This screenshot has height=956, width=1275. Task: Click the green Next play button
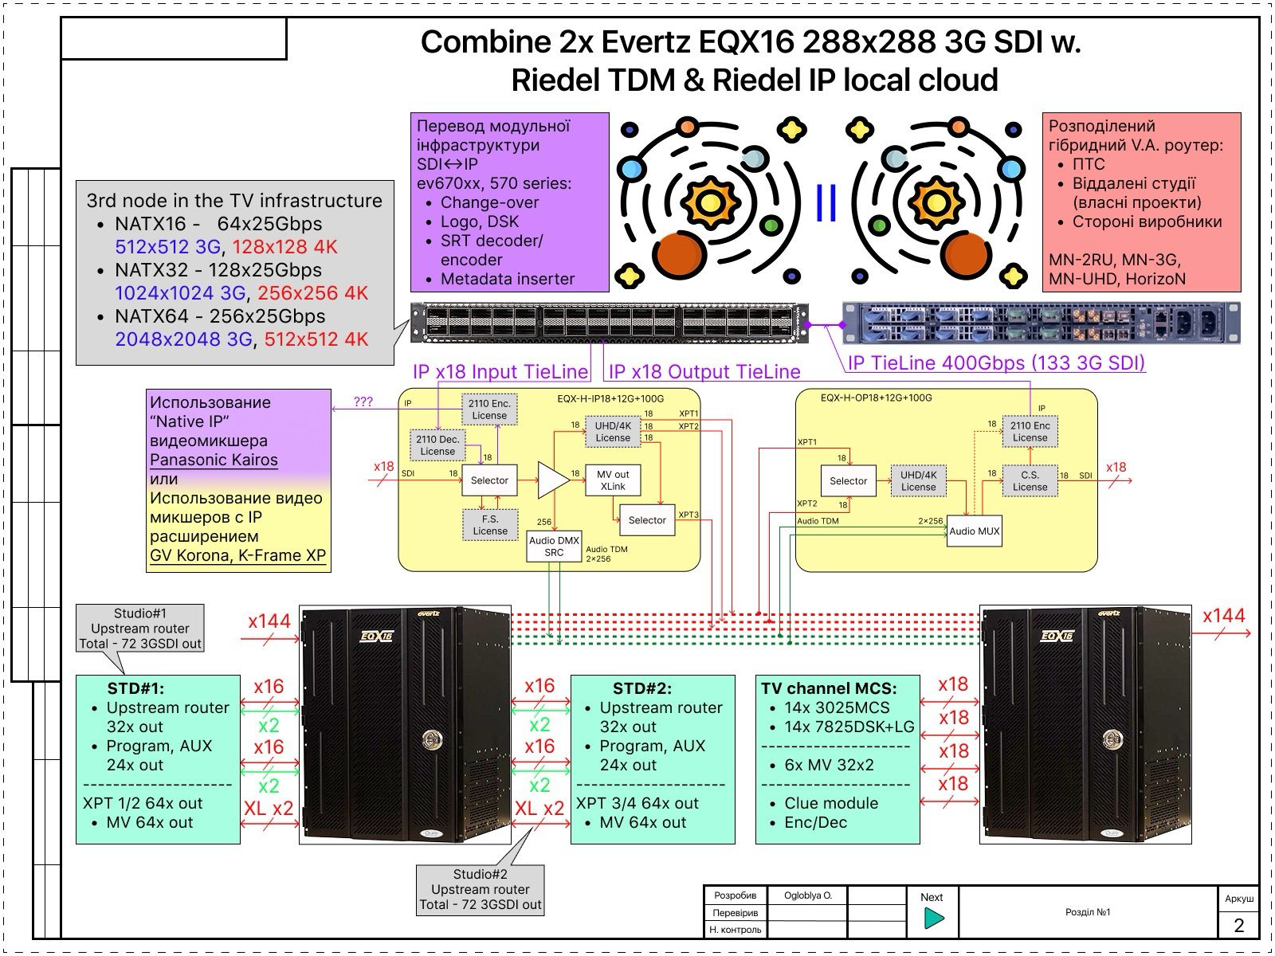tap(933, 919)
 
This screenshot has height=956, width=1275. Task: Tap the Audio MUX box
tap(973, 531)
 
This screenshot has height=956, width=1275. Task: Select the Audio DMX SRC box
tap(554, 547)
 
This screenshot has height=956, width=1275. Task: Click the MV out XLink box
tap(613, 480)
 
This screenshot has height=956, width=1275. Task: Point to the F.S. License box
tap(489, 525)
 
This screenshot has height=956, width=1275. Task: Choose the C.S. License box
tap(1030, 481)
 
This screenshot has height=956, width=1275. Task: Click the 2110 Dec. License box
tap(437, 445)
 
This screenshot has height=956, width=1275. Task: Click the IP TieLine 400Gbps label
tap(996, 363)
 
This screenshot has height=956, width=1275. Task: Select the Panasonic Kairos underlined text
tap(214, 460)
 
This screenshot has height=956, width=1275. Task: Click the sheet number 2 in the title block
tap(1238, 925)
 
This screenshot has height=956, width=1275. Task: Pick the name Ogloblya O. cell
tap(807, 895)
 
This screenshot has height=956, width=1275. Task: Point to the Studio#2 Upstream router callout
tap(481, 889)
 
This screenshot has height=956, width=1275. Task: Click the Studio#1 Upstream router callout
tap(140, 628)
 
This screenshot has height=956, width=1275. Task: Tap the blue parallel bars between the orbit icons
tap(826, 203)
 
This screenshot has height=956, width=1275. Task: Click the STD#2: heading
tap(641, 688)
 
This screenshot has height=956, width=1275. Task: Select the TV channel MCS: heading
tap(829, 688)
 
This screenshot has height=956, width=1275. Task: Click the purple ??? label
tap(363, 402)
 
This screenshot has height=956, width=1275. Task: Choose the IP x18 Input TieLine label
tap(500, 371)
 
